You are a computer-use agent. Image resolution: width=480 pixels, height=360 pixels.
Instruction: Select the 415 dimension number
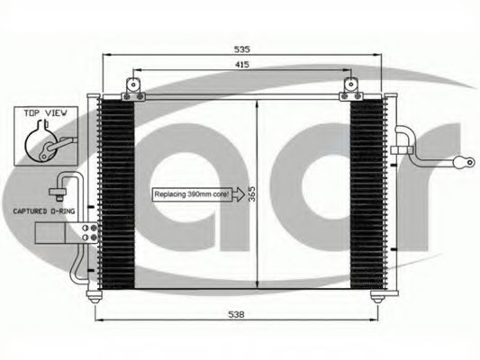click(x=241, y=65)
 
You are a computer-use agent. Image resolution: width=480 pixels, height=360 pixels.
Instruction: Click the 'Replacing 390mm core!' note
click(x=193, y=193)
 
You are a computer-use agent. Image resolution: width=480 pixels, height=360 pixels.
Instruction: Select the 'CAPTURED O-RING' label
click(x=42, y=212)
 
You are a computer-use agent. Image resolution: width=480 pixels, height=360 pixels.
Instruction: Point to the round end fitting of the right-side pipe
click(x=466, y=163)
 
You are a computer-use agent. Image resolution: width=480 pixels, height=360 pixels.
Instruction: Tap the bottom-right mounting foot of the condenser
click(x=377, y=297)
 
